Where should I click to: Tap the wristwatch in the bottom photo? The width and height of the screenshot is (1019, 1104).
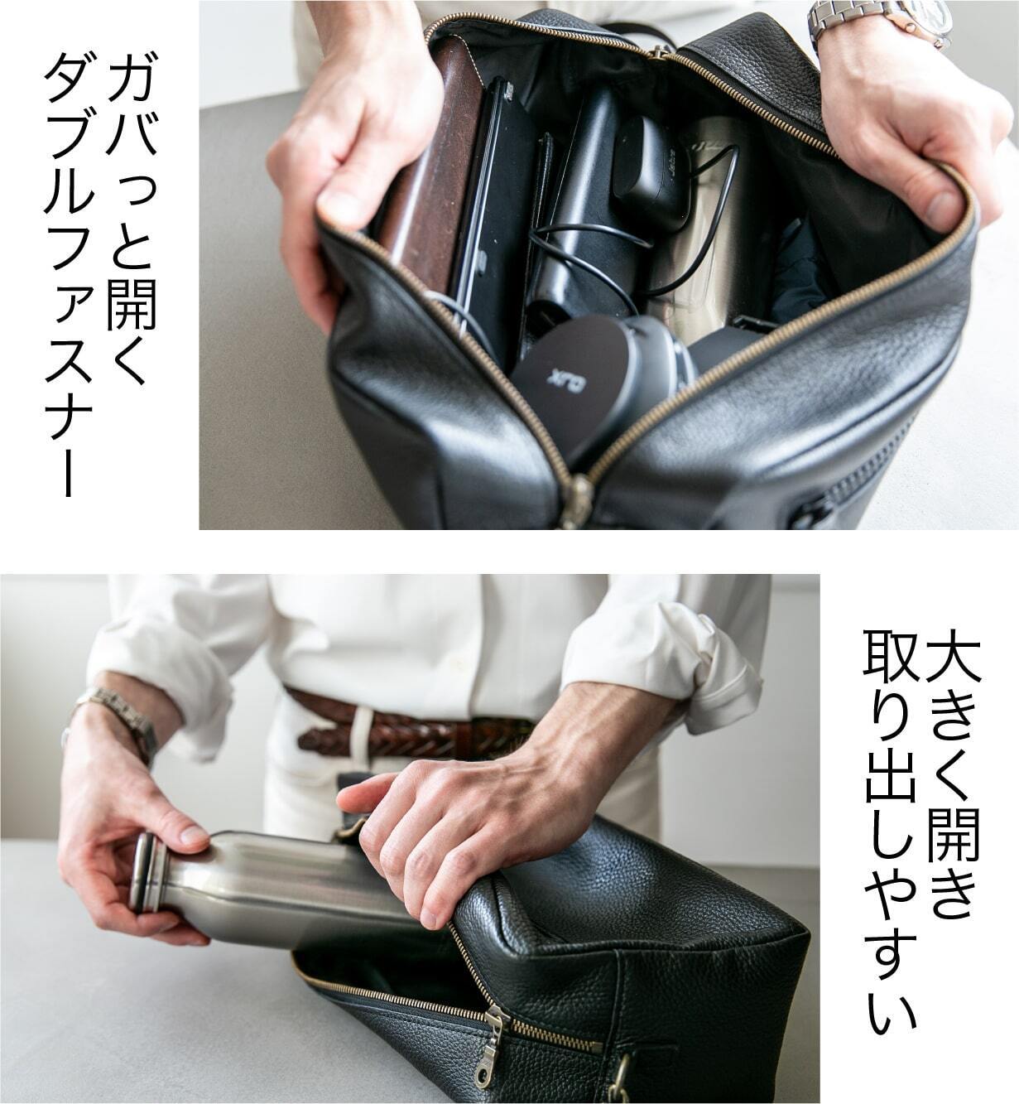(x=116, y=716)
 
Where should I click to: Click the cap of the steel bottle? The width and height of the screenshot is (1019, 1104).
(x=147, y=872)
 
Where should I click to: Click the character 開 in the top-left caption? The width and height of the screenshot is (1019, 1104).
(x=132, y=304)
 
